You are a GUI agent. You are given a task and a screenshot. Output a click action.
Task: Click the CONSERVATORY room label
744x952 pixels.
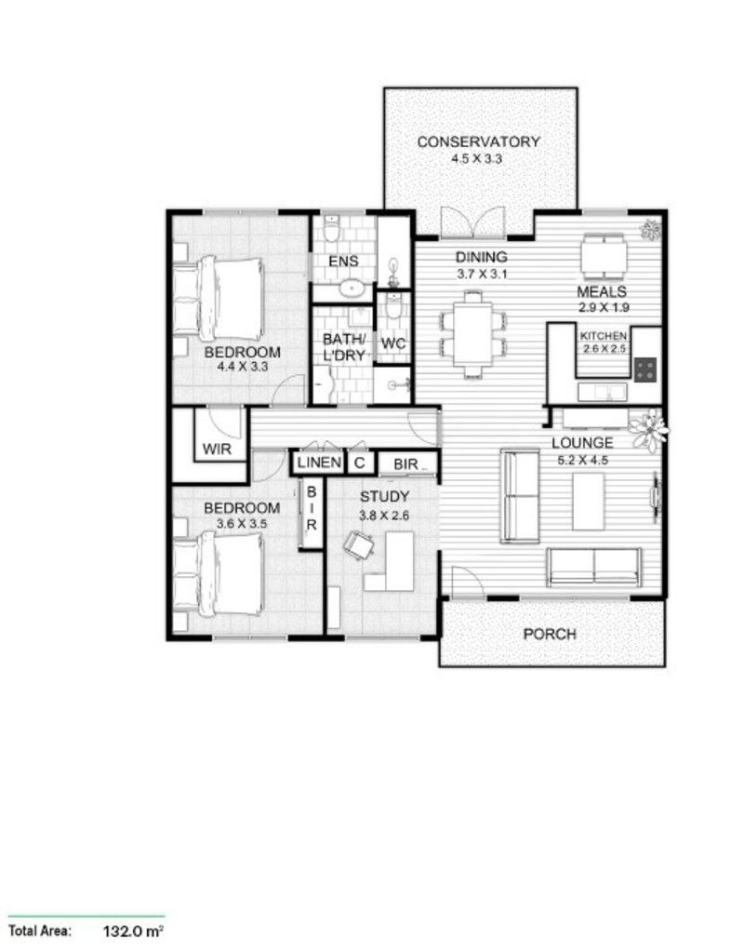coord(478,142)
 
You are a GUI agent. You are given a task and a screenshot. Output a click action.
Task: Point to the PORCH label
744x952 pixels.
coord(549,635)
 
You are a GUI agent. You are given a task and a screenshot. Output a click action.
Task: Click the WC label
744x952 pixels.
coord(394,343)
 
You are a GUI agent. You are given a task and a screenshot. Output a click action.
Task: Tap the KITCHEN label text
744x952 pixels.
coord(604,336)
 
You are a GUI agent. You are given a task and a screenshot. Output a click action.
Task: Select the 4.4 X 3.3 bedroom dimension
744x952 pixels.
coord(242,368)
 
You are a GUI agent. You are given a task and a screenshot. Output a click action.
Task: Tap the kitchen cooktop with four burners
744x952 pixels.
coord(645,369)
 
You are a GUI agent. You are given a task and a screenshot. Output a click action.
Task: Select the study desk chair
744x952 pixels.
coord(359,545)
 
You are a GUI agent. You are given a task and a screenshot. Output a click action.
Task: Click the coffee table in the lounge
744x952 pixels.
coord(588,501)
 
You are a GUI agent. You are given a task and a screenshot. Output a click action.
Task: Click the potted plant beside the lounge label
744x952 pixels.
coord(648,429)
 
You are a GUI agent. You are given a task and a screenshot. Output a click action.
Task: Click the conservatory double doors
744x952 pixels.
coord(473,221)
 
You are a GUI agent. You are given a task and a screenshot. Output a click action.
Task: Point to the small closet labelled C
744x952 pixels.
coord(359,463)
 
